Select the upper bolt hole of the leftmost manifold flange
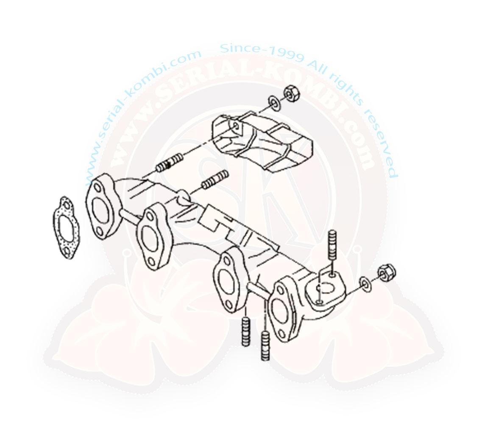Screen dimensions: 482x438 tap(98, 188)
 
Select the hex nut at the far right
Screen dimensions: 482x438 tap(387, 272)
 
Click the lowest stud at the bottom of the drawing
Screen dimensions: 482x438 tap(265, 345)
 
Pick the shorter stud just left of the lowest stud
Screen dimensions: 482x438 tap(245, 332)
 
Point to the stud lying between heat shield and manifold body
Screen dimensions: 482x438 tap(215, 180)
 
